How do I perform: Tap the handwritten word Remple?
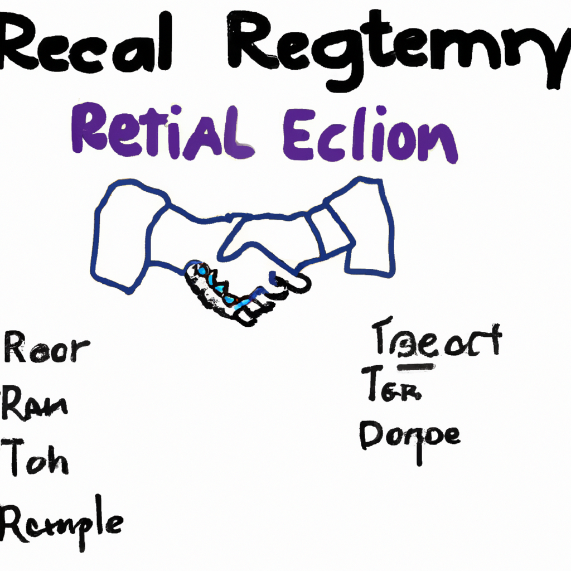61,521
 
